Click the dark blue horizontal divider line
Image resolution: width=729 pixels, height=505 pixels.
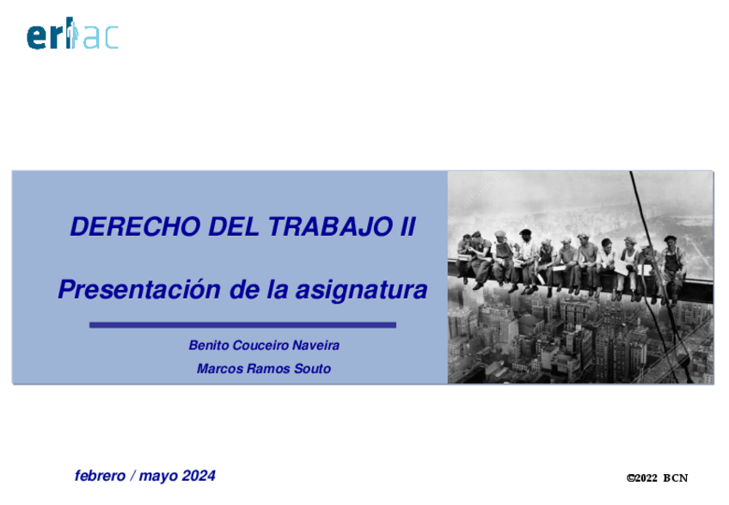pos(242,325)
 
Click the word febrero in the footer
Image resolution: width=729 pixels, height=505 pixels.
pos(100,475)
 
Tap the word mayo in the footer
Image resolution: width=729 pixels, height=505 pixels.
pos(157,476)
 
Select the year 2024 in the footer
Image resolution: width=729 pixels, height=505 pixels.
pos(198,475)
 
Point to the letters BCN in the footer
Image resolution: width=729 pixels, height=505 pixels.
pos(676,478)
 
